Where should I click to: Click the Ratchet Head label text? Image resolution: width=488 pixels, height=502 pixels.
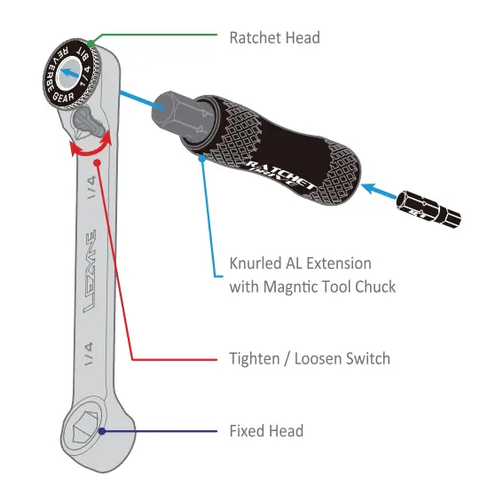[274, 38]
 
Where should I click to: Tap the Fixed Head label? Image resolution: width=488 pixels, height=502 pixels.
[266, 431]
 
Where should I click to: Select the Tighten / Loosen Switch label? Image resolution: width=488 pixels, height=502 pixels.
[310, 358]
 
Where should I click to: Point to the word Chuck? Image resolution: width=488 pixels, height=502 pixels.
[375, 286]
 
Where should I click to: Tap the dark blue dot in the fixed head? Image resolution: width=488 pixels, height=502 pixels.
[103, 431]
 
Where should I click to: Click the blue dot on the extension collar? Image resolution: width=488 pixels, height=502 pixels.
[203, 159]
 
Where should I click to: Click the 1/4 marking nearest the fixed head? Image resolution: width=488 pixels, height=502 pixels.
[88, 355]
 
